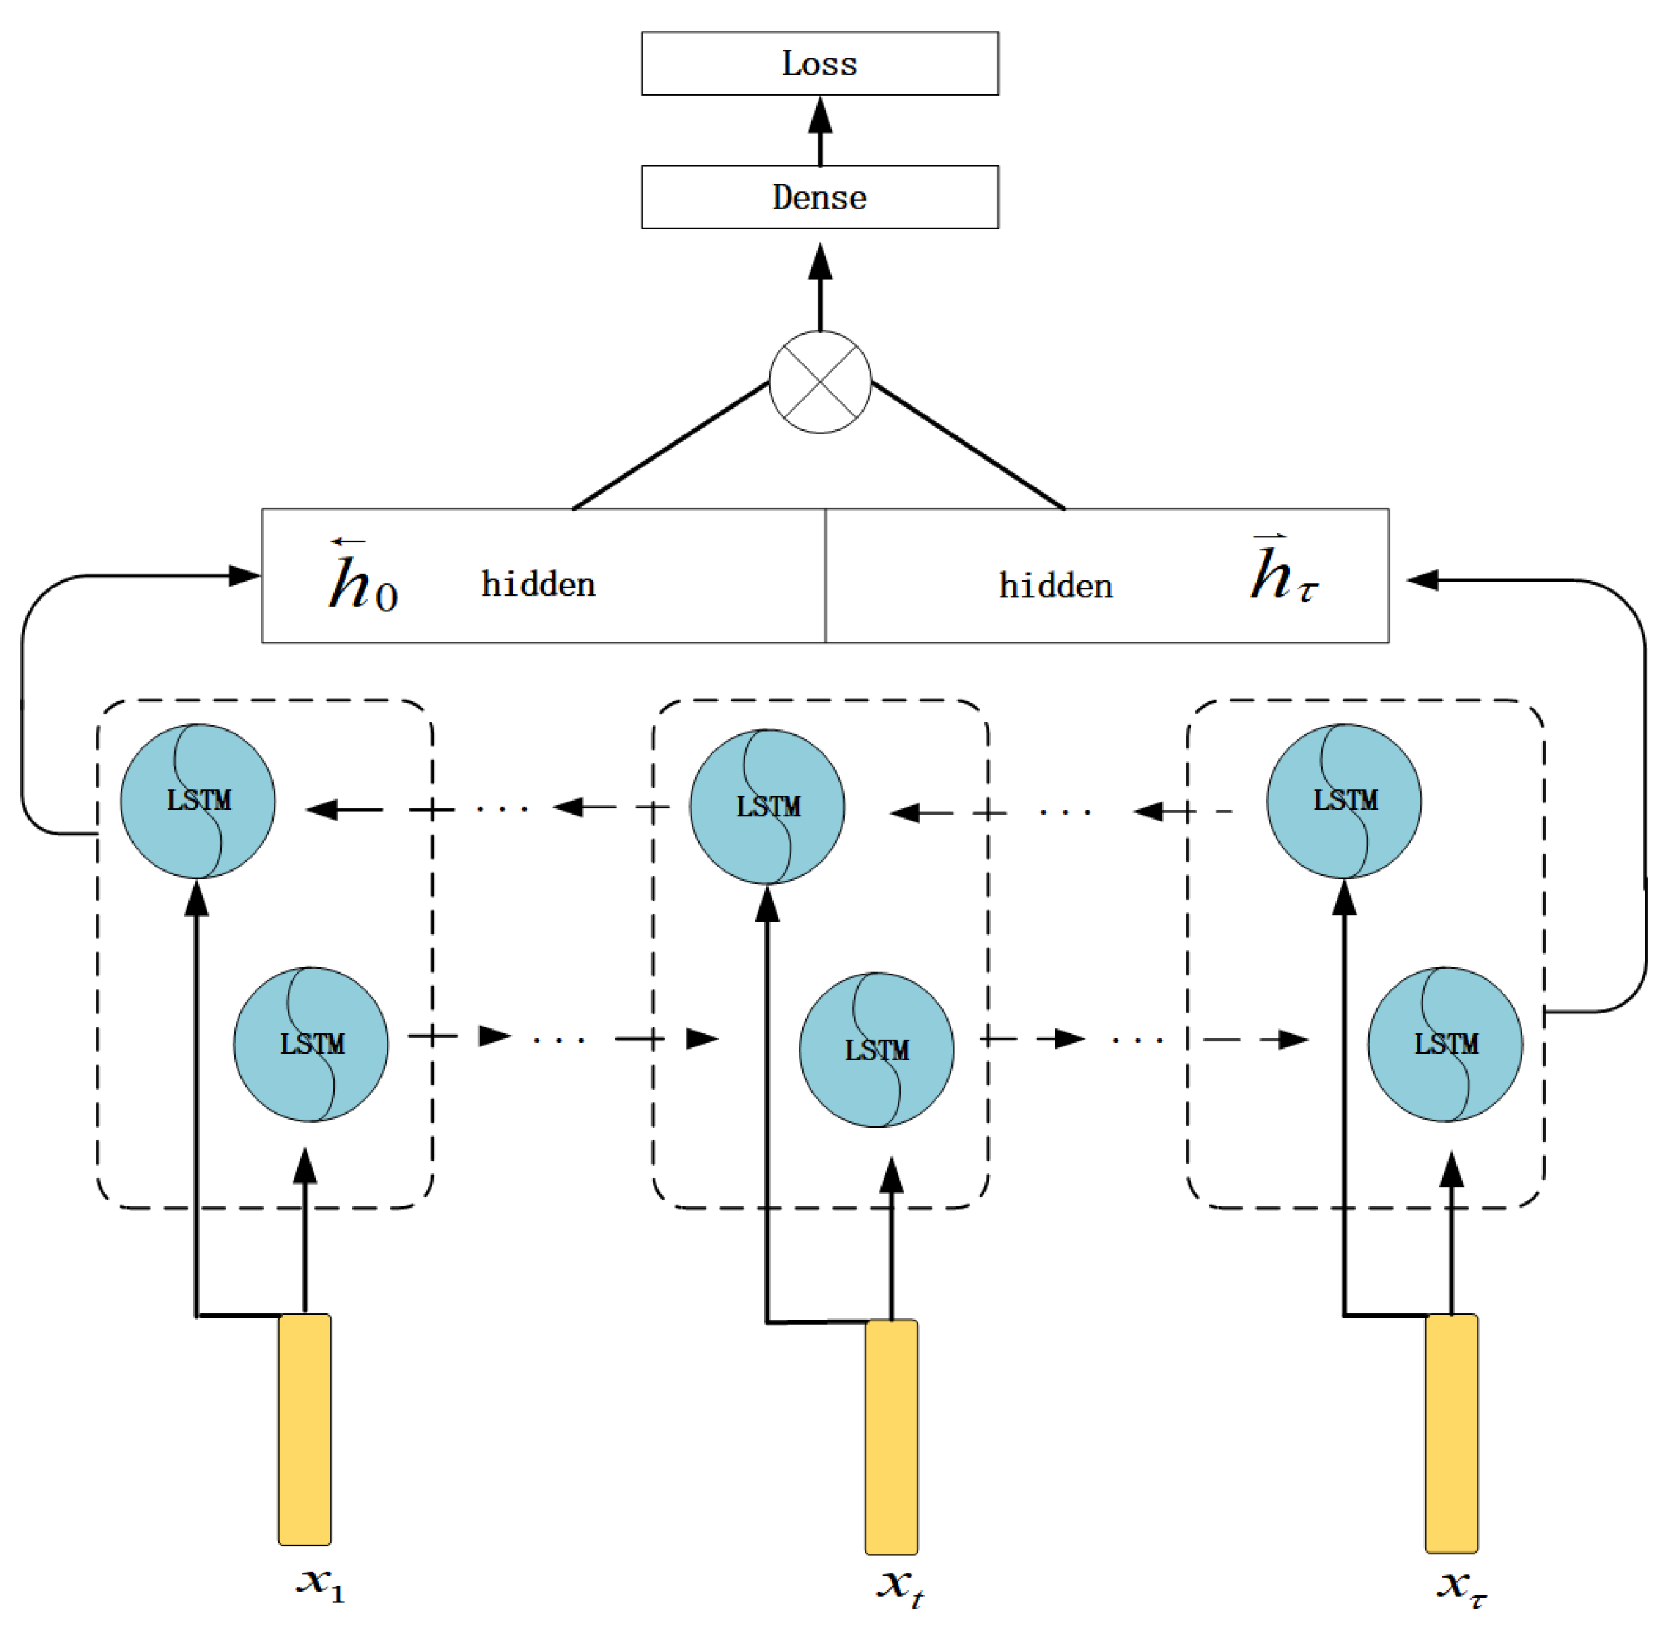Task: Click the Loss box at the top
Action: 819,63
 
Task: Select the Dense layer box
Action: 819,197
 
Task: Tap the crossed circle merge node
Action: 820,381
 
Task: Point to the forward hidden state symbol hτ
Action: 1282,570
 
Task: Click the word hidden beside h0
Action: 538,585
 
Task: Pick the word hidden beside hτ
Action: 1055,586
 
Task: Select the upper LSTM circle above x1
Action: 198,801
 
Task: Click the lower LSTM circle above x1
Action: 311,1044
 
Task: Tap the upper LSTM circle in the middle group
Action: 766,807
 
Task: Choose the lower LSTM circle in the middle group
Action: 876,1050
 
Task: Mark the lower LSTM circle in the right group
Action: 1444,1044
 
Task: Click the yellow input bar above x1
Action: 305,1429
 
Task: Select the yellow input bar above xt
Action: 891,1436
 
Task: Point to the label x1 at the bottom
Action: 319,1582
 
